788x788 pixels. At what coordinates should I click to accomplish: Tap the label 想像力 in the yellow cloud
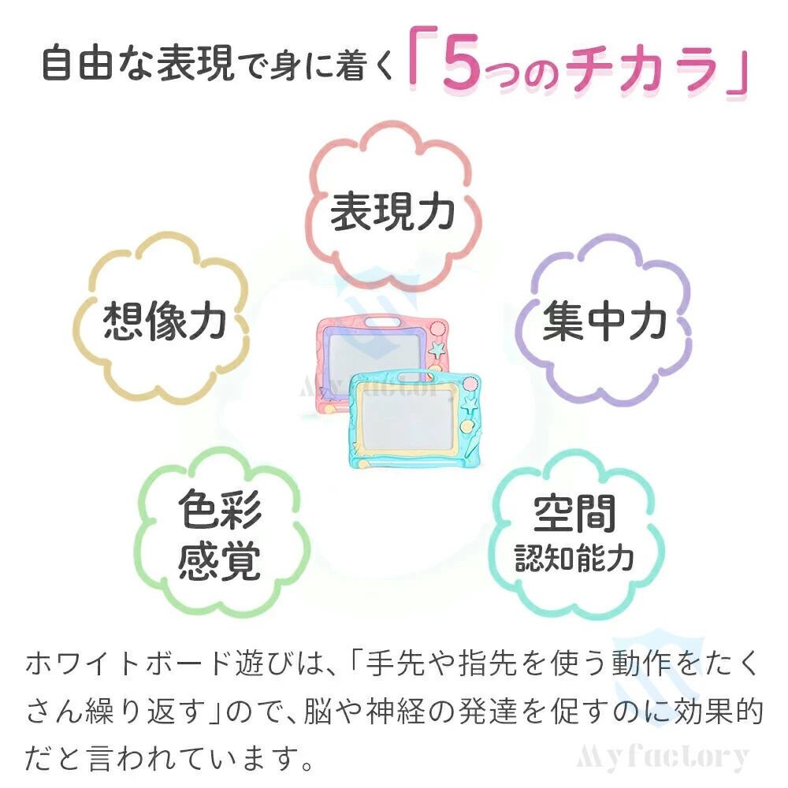click(x=165, y=322)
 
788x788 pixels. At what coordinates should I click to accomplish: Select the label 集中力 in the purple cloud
click(x=604, y=322)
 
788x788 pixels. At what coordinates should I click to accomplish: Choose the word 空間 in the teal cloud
click(x=574, y=514)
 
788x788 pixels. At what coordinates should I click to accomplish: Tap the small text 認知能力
click(x=574, y=558)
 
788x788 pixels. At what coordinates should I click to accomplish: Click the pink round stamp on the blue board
click(x=471, y=385)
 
